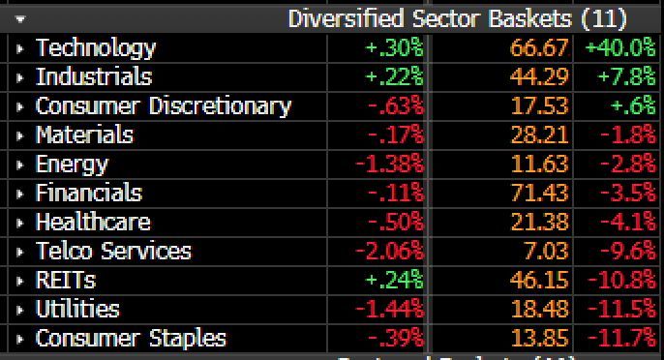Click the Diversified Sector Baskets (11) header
(457, 18)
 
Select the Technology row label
(95, 47)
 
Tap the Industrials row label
(94, 76)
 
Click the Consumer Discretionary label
(163, 105)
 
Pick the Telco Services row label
(113, 251)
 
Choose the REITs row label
(66, 280)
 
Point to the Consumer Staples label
(131, 338)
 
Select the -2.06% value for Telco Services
(389, 251)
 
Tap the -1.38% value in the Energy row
(389, 164)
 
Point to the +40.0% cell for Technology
(619, 47)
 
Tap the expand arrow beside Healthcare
(20, 222)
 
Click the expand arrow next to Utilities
(20, 309)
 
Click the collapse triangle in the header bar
(20, 18)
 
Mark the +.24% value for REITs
(395, 280)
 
